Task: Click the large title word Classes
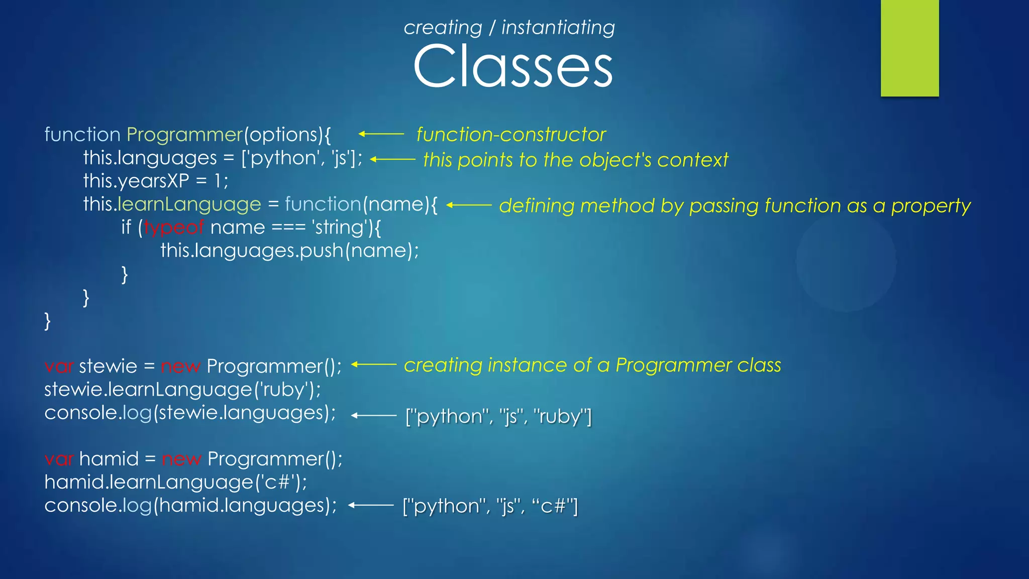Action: point(512,66)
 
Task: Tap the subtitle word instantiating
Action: point(558,28)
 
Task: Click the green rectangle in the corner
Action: point(909,48)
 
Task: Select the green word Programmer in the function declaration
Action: point(184,135)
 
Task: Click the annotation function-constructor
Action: point(511,135)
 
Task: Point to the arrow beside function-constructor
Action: point(381,134)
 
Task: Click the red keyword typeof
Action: point(174,228)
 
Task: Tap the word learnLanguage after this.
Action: point(189,205)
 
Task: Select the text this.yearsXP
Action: point(136,181)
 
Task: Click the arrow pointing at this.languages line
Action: point(392,159)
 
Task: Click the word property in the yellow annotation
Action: point(931,206)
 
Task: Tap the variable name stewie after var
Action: point(108,366)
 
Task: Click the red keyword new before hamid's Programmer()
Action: point(181,459)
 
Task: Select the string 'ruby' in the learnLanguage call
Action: point(284,390)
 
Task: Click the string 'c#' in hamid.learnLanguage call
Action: point(278,482)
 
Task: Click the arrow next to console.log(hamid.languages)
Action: point(371,505)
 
